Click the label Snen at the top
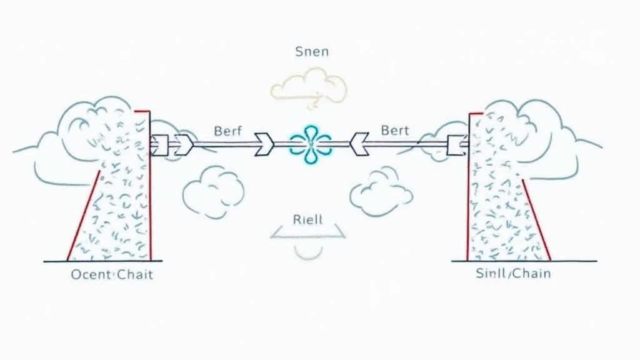click(311, 52)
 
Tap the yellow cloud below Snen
click(309, 87)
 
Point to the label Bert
click(394, 131)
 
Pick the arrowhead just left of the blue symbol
click(263, 144)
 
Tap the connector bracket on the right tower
click(457, 146)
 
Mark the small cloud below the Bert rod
click(381, 192)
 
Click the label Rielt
click(307, 219)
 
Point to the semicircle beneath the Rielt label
click(308, 251)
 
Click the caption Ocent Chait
click(111, 274)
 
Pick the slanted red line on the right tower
click(536, 219)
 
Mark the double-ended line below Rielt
click(308, 236)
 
